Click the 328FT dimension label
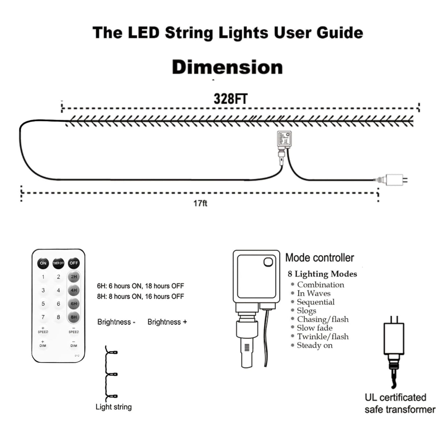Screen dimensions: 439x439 click(230, 99)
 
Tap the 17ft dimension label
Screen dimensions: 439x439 click(200, 203)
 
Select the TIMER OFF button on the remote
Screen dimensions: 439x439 click(59, 263)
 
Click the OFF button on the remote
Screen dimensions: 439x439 click(74, 263)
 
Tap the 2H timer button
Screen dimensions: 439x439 click(74, 277)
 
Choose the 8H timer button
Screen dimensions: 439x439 click(74, 317)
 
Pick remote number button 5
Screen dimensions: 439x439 click(43, 304)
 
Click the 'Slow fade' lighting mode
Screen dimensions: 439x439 click(315, 328)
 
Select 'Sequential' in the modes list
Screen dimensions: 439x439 click(316, 302)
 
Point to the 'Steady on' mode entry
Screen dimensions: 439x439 click(315, 345)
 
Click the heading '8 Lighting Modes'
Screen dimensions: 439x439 click(322, 274)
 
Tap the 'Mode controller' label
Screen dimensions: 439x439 click(320, 258)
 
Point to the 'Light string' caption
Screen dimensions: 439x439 click(113, 407)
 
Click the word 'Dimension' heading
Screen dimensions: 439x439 click(227, 67)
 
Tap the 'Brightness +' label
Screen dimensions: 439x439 click(167, 322)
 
